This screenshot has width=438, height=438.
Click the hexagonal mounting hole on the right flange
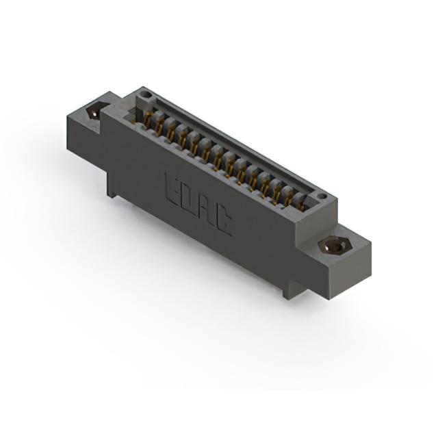(335, 246)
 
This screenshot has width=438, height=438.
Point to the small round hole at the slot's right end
(322, 196)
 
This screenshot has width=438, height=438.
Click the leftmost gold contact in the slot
(149, 118)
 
